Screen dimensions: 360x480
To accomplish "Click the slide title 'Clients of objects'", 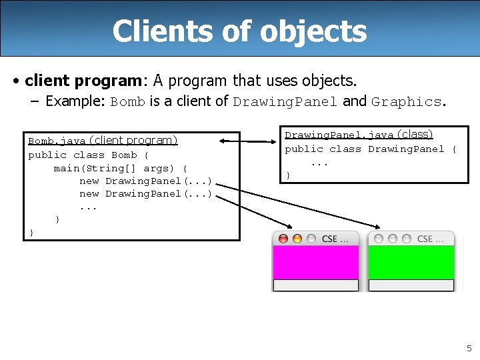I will click(239, 31).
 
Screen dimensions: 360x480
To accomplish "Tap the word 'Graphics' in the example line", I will click(406, 102).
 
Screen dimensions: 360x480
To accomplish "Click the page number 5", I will click(469, 348).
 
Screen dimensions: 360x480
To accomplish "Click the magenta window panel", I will click(315, 262).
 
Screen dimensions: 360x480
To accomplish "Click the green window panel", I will click(411, 262).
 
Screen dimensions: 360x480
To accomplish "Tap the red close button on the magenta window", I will click(283, 239).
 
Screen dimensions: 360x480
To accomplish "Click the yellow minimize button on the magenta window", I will click(297, 239).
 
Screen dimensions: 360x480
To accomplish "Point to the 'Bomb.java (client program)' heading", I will click(103, 141).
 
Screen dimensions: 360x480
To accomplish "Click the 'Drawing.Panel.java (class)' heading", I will click(359, 135).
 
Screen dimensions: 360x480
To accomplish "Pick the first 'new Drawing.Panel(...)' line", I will click(145, 181).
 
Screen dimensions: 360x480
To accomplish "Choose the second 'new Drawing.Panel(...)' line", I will click(145, 193).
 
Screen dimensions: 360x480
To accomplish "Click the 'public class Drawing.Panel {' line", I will click(371, 149).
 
